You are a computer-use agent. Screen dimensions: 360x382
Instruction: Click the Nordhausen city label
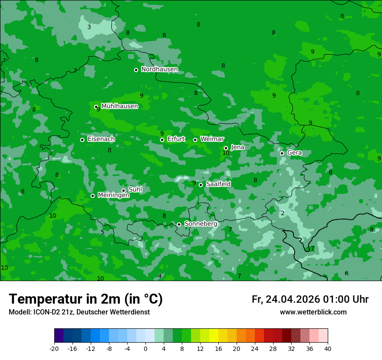click(159, 69)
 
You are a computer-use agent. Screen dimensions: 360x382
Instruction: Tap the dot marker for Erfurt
click(162, 140)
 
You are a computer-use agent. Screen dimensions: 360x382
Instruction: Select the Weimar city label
click(212, 139)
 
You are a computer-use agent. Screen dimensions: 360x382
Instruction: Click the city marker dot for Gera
click(282, 153)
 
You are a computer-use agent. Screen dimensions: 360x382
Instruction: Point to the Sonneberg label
click(201, 224)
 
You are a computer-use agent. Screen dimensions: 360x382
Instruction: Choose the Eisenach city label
click(101, 139)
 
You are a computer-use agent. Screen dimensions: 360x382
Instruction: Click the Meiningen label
click(113, 196)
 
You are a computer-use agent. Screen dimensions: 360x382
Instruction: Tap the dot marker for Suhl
click(123, 190)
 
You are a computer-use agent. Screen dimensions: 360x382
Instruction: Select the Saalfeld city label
click(218, 184)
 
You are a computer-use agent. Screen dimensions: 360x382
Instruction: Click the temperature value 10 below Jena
click(226, 153)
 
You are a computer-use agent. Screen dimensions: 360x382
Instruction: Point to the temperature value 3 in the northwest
click(89, 27)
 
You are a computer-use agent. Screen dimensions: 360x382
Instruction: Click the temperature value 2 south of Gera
click(283, 213)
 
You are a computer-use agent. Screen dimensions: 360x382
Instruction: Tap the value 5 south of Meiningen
click(102, 232)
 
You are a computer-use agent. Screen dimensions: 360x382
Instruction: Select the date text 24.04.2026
click(293, 299)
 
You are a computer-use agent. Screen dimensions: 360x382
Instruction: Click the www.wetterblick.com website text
click(313, 312)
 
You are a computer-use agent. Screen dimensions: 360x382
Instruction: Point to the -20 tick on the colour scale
click(54, 348)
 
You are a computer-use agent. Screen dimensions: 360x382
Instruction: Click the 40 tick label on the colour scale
click(327, 348)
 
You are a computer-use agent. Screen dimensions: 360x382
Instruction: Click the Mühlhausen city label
click(119, 106)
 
